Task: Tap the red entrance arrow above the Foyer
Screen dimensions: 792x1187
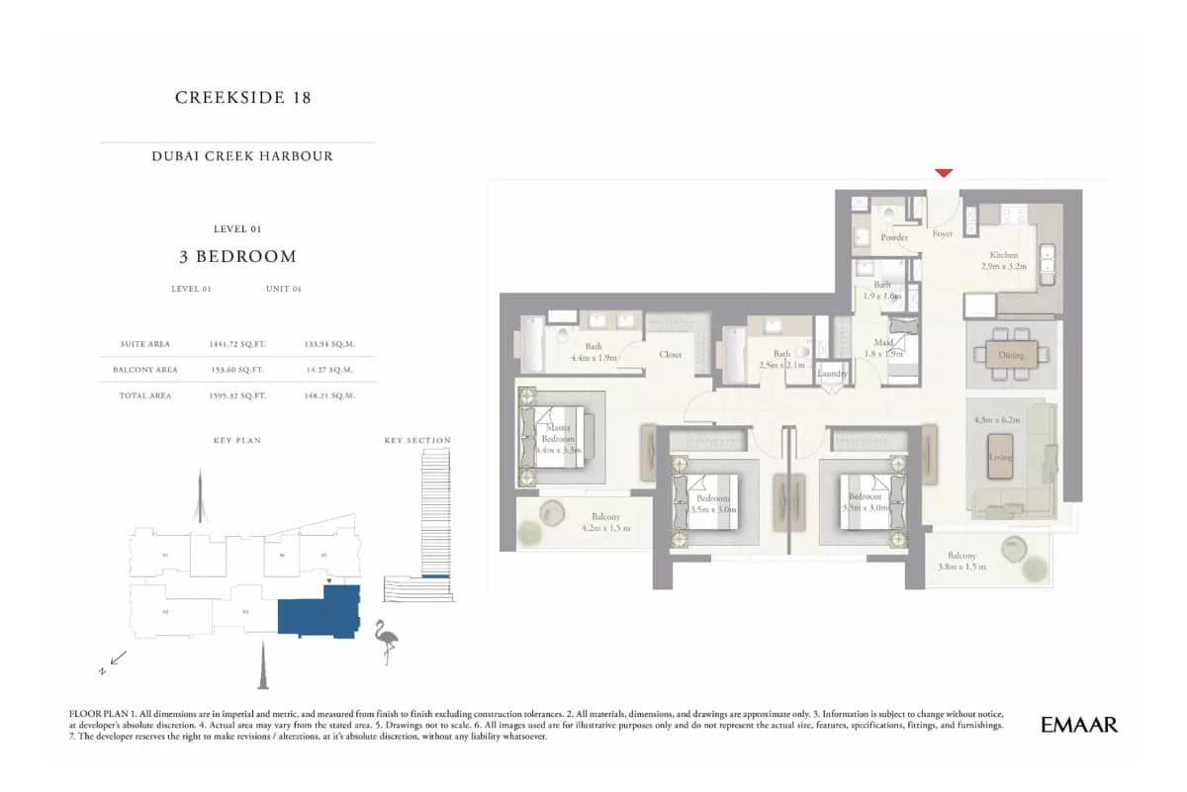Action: tap(944, 173)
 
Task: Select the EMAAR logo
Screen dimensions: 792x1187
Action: tap(1079, 725)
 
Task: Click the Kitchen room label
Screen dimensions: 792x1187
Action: tap(1003, 255)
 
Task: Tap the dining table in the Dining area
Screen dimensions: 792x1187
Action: tap(1011, 355)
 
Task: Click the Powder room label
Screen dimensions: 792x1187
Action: tap(894, 238)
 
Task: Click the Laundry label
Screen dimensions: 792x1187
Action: tap(833, 374)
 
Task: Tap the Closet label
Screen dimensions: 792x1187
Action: tap(671, 354)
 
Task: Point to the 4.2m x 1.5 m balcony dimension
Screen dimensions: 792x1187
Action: tap(605, 529)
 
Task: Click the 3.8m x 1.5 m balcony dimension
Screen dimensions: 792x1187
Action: tap(960, 568)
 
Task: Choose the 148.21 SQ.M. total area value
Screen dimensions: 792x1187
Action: tap(330, 396)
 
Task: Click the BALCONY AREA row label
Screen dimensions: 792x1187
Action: tap(150, 370)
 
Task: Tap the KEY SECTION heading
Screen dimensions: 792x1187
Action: tap(416, 440)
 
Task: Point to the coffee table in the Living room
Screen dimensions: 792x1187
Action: tap(1003, 457)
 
